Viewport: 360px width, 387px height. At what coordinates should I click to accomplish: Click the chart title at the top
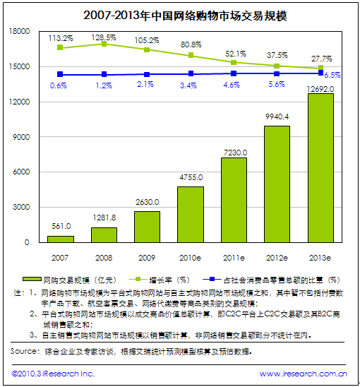[x=185, y=16]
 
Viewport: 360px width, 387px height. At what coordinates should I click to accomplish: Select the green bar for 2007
[x=61, y=239]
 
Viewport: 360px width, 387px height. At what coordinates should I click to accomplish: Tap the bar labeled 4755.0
[x=191, y=215]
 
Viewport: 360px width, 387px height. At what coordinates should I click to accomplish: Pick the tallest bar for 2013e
[x=320, y=168]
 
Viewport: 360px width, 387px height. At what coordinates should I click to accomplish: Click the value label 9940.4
[x=277, y=117]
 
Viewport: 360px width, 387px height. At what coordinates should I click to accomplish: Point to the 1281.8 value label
[x=104, y=218]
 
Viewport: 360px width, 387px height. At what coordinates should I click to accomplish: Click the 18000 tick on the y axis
[x=19, y=31]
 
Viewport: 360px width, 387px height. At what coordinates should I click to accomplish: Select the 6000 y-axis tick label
[x=21, y=172]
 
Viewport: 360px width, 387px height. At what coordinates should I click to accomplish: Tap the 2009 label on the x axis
[x=147, y=258]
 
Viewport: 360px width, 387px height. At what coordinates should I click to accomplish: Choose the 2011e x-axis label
[x=234, y=258]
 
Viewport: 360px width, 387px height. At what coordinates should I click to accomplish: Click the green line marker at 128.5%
[x=104, y=44]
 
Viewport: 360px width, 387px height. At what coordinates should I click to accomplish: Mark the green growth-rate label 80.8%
[x=191, y=44]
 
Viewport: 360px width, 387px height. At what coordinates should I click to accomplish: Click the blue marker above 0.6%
[x=60, y=74]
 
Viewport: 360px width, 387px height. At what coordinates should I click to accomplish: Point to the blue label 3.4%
[x=188, y=85]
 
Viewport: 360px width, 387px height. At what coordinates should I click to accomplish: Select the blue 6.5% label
[x=332, y=75]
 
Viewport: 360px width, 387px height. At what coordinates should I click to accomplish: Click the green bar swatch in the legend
[x=32, y=279]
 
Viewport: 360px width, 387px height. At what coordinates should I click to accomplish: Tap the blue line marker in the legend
[x=212, y=279]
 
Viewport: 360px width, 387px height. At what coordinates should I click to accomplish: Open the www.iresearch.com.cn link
[x=304, y=374]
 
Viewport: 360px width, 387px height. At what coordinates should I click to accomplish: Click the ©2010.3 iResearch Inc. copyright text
[x=53, y=374]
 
